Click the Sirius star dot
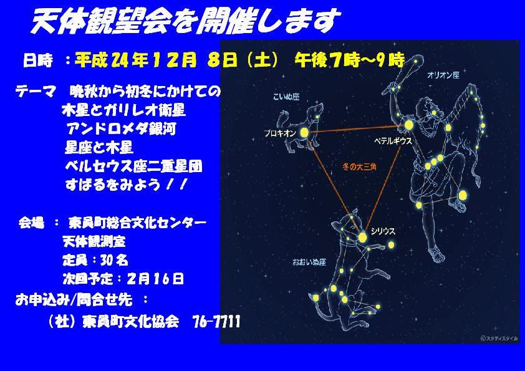click(362, 238)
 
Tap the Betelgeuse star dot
click(408, 125)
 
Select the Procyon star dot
click(304, 133)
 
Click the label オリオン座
click(443, 75)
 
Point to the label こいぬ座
click(286, 97)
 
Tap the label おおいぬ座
click(309, 262)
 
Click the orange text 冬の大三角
click(360, 166)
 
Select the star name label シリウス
click(383, 231)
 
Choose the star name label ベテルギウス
click(393, 141)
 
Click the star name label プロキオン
click(280, 133)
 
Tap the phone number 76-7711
click(216, 322)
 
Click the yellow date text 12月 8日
click(194, 60)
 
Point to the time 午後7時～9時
click(350, 60)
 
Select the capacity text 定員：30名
click(95, 260)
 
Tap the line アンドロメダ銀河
click(121, 129)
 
